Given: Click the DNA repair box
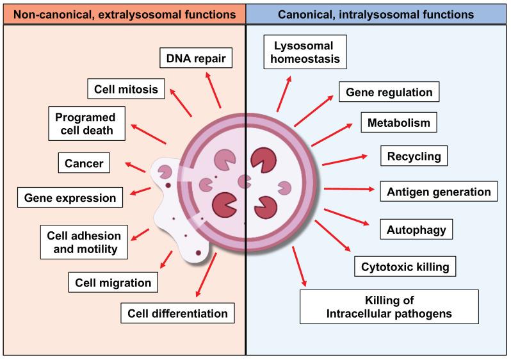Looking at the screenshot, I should click(195, 60).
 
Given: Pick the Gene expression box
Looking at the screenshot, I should click(70, 198).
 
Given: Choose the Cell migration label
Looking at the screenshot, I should click(113, 282).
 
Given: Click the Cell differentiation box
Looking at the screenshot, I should click(177, 313).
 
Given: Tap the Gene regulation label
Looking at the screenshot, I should click(389, 92).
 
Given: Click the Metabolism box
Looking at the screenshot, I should click(399, 122).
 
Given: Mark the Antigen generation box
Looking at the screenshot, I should click(439, 192).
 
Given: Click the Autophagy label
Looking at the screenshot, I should click(416, 228).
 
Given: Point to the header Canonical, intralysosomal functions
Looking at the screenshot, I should click(377, 13).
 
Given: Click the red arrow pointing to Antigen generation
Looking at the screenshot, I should click(348, 189).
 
